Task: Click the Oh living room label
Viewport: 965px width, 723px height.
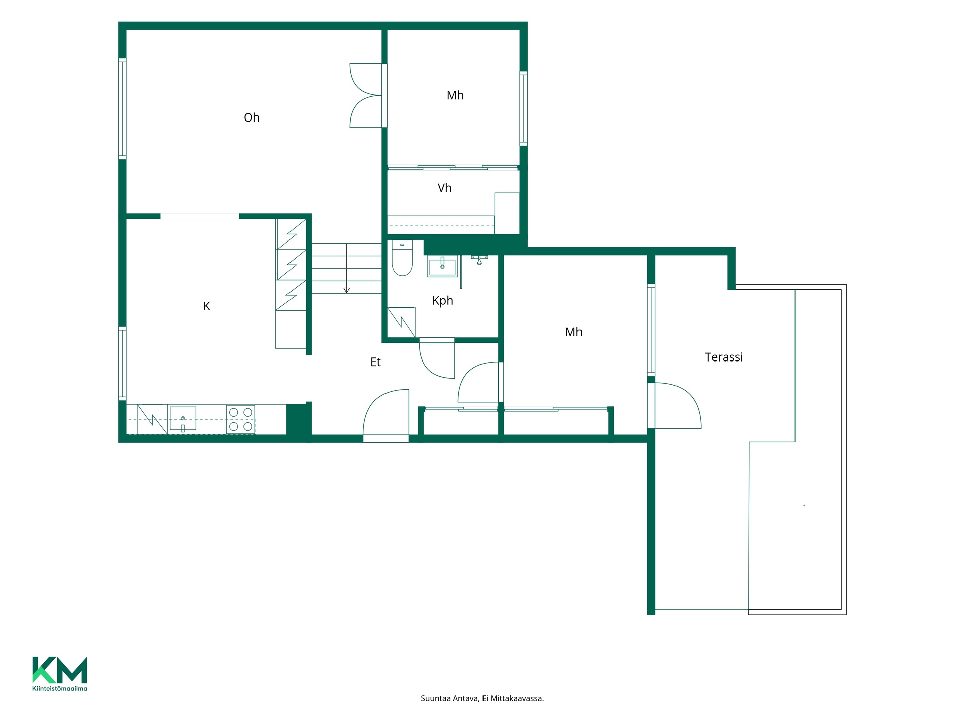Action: click(x=251, y=117)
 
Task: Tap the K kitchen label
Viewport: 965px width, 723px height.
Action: click(x=206, y=306)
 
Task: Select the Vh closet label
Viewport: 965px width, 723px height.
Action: click(x=444, y=188)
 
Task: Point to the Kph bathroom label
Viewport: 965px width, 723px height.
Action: click(x=443, y=301)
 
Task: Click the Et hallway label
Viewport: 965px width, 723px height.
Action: click(x=375, y=362)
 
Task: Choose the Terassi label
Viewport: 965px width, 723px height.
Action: click(x=724, y=357)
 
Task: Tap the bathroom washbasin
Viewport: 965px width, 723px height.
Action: click(x=442, y=266)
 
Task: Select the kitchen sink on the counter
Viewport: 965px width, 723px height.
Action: click(x=183, y=419)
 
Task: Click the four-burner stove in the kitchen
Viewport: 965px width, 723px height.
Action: click(x=241, y=419)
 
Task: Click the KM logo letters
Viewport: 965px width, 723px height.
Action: click(x=60, y=670)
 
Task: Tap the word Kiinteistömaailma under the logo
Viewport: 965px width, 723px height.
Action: click(x=60, y=688)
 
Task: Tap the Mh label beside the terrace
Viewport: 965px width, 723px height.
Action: click(x=573, y=332)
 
